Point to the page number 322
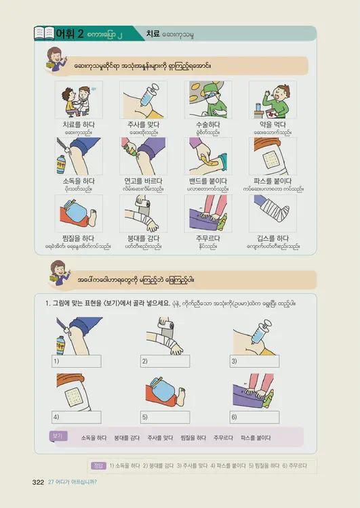38,482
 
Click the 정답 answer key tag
98,465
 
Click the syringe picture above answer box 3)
254,334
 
